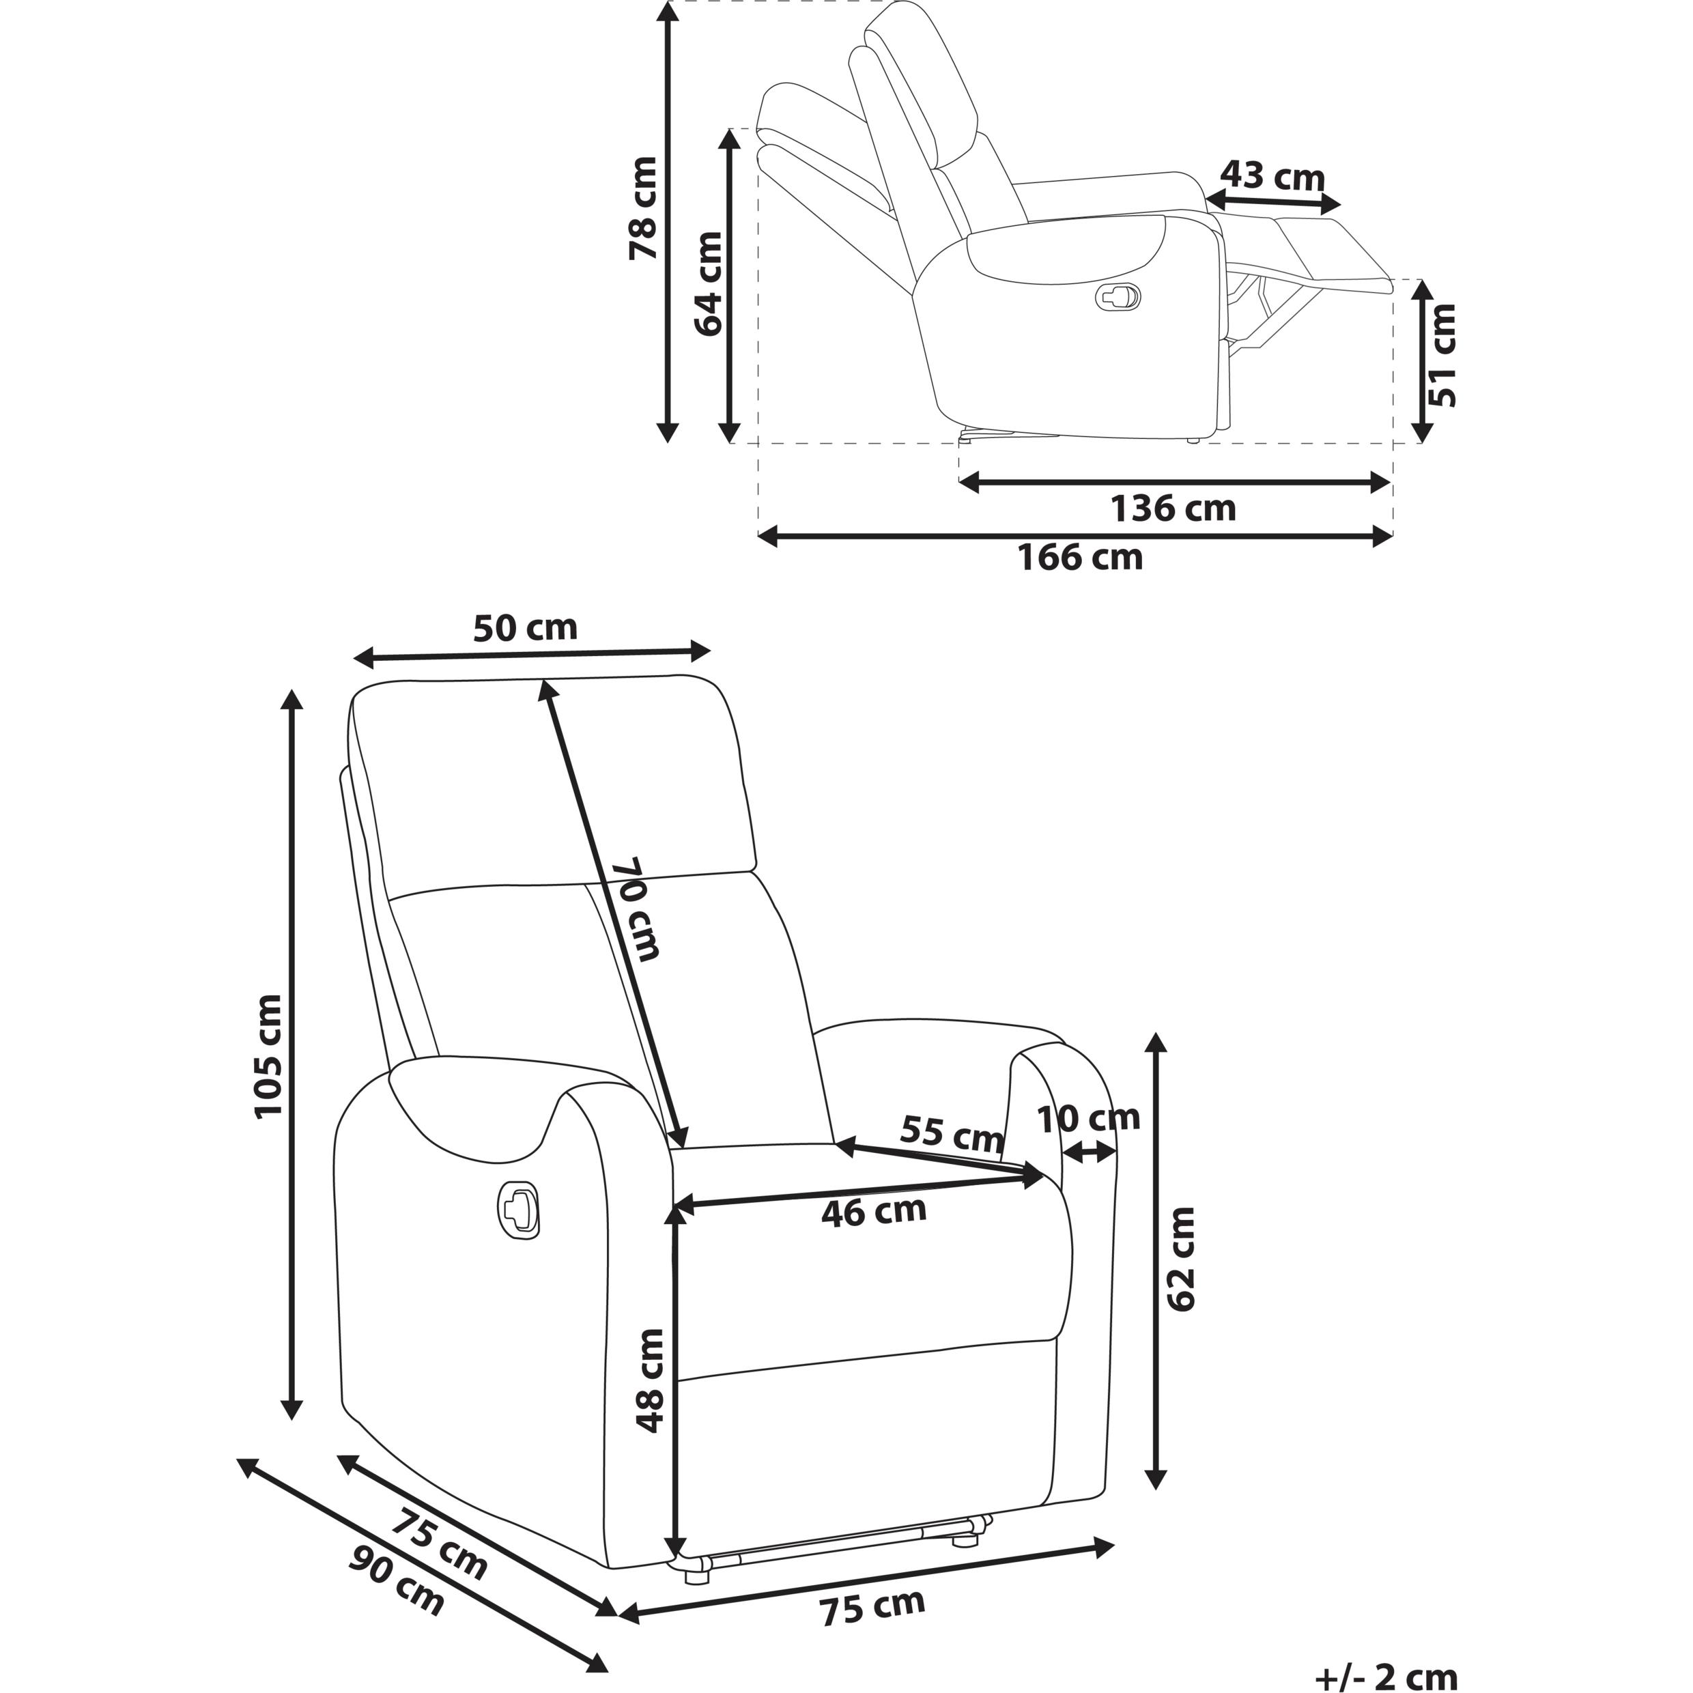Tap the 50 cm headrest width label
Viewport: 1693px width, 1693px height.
(x=526, y=627)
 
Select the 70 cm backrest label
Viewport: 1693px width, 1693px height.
(x=636, y=909)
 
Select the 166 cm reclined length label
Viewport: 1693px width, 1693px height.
(x=1081, y=557)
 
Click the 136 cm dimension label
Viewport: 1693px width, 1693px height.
(x=1173, y=509)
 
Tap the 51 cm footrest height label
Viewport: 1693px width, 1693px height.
(x=1442, y=355)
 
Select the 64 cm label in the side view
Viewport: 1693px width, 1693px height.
(x=708, y=283)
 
